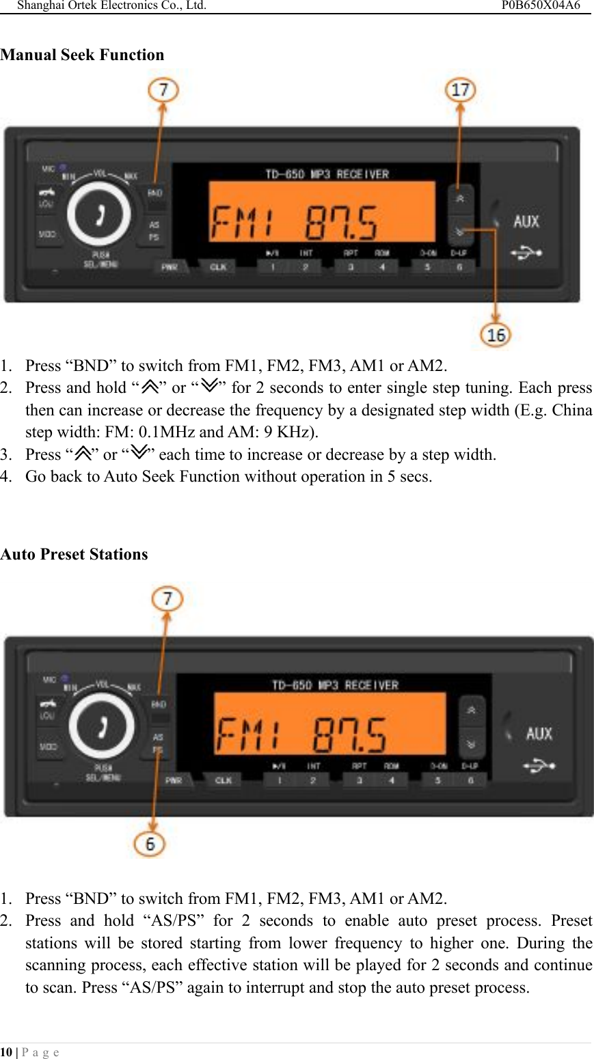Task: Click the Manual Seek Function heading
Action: (82, 55)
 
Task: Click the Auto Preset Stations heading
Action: (74, 554)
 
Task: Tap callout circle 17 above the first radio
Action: (461, 90)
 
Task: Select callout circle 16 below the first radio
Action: (496, 335)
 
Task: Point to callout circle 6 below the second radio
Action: (150, 844)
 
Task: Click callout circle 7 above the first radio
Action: (164, 90)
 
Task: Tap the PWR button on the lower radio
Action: (174, 780)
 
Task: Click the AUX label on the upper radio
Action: (526, 221)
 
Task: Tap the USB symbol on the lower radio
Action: (539, 766)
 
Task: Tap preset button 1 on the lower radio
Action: (280, 780)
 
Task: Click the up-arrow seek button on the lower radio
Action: (471, 711)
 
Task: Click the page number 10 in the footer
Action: (5, 1052)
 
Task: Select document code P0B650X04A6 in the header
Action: (540, 5)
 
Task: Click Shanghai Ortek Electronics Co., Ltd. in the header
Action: (111, 5)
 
